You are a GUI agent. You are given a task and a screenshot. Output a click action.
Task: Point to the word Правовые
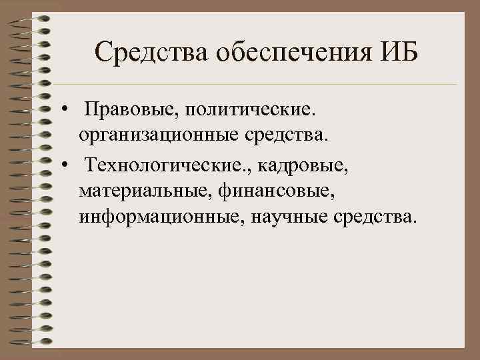tap(125, 109)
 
